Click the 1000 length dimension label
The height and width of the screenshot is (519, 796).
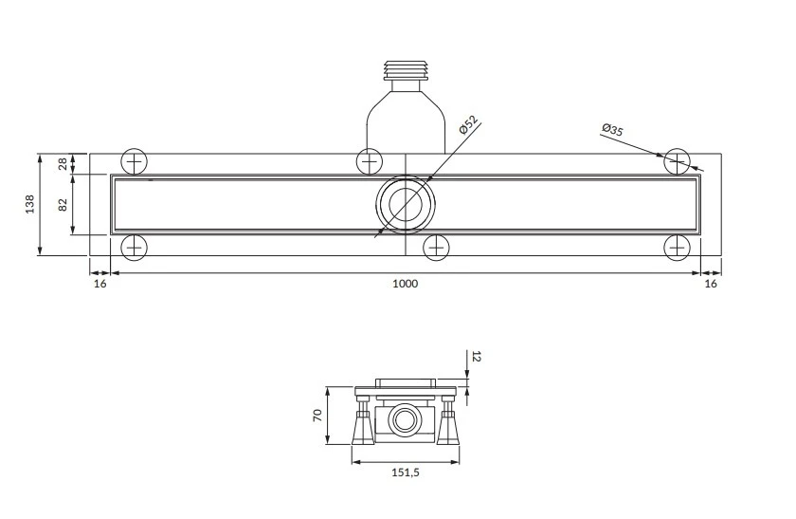(x=406, y=284)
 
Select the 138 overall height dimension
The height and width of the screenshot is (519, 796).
(x=30, y=204)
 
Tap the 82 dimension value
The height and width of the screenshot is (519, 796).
(x=63, y=205)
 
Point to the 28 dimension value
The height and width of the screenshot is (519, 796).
(x=63, y=164)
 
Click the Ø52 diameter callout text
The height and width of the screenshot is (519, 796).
(x=468, y=124)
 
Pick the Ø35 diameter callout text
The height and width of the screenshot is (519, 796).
(x=612, y=130)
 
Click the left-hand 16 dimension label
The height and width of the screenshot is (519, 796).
(x=100, y=284)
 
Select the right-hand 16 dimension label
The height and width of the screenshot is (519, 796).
(x=711, y=284)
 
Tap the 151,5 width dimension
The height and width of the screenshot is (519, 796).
(x=406, y=473)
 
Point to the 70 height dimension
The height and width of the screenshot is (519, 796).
(x=317, y=416)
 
